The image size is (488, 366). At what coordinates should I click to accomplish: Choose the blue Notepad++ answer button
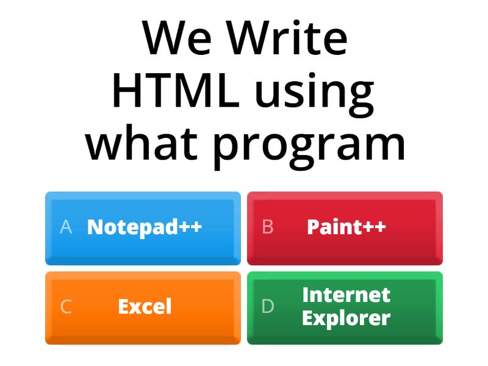143,228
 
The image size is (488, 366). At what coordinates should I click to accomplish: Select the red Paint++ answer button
345,228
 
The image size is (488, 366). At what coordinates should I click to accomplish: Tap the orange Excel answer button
143,307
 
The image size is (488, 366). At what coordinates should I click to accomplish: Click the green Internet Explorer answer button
345,307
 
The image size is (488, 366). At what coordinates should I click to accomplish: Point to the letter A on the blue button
66,227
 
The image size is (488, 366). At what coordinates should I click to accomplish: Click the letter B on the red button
268,227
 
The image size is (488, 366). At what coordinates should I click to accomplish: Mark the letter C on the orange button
66,306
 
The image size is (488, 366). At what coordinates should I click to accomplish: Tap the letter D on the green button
268,306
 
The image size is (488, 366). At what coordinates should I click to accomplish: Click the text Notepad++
145,227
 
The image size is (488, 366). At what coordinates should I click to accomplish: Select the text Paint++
346,227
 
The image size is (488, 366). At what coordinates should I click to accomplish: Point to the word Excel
145,306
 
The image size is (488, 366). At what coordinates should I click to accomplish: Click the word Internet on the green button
346,295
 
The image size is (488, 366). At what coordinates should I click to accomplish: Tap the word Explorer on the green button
346,318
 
